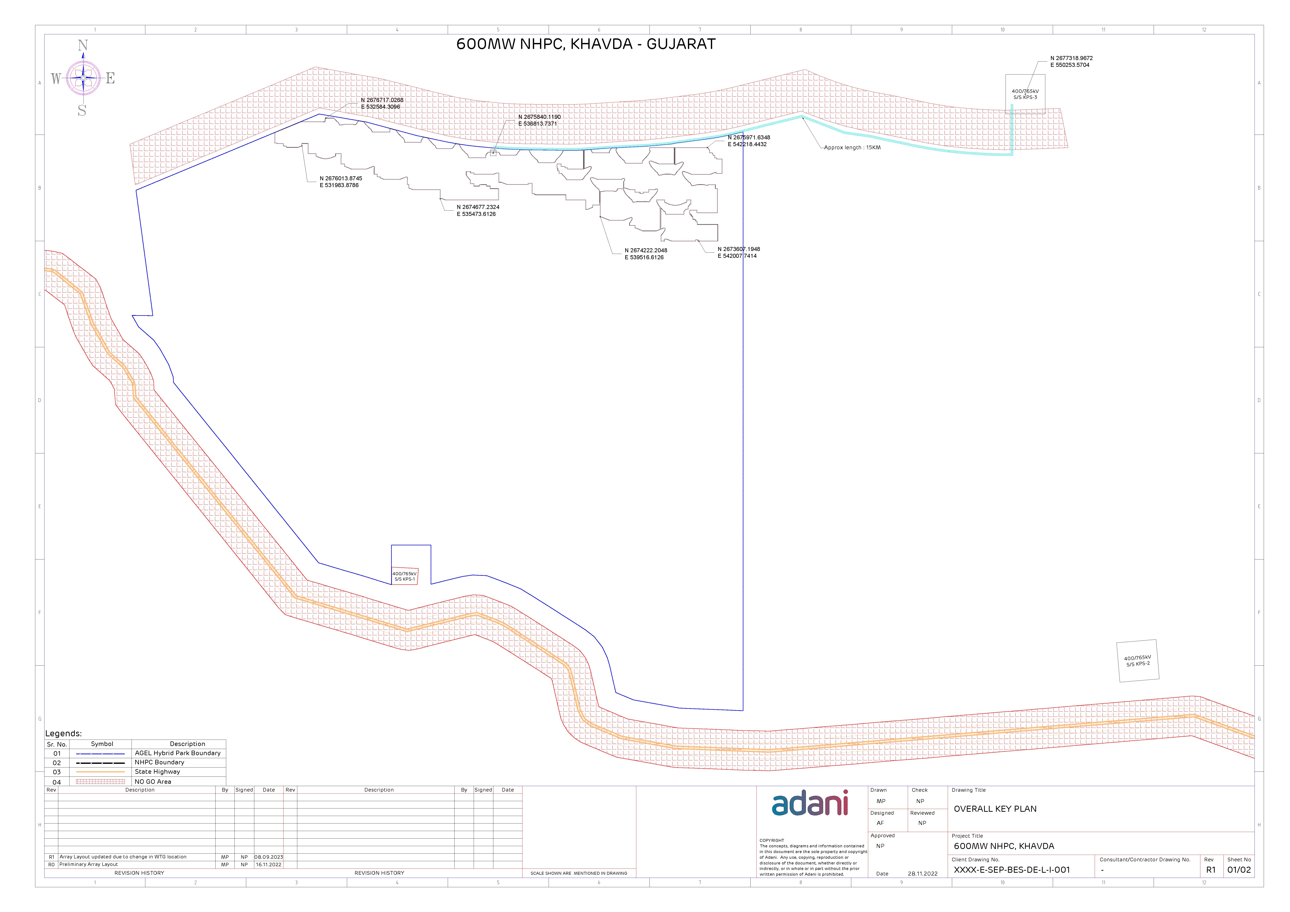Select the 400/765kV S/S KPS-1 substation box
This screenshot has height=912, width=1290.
pyautogui.click(x=405, y=576)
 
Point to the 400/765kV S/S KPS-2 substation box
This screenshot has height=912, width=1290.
pyautogui.click(x=1138, y=661)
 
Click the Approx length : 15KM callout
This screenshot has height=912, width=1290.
pyautogui.click(x=852, y=148)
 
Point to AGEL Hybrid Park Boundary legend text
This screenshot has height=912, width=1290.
pyautogui.click(x=177, y=753)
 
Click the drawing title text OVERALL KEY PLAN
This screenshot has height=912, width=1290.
pyautogui.click(x=995, y=809)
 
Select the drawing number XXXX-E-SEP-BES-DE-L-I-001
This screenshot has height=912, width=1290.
pyautogui.click(x=1012, y=870)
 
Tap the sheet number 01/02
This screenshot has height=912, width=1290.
pyautogui.click(x=1239, y=870)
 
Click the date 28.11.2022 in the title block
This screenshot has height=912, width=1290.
pyautogui.click(x=923, y=874)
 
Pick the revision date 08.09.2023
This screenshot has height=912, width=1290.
pyautogui.click(x=269, y=857)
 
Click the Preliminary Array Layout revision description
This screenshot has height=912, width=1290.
pyautogui.click(x=89, y=864)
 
